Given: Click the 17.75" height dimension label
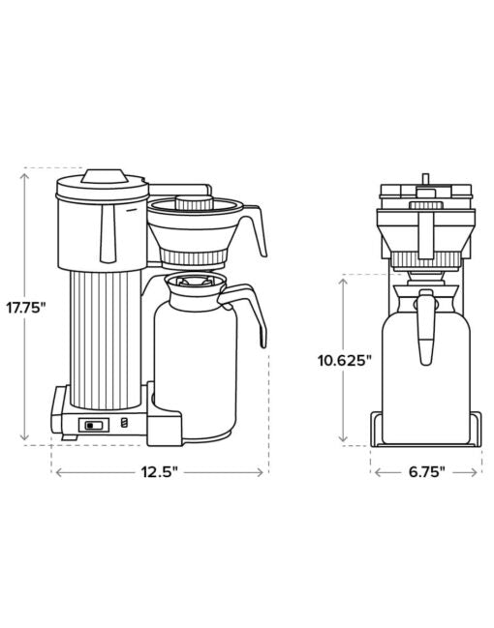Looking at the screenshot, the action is coord(26,308).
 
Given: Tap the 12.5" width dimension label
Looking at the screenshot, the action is coord(159,472).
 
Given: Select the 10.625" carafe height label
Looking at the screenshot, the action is coord(345,361).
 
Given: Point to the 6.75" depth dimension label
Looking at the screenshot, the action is coord(426,472).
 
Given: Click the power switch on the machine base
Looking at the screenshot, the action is coord(94,425).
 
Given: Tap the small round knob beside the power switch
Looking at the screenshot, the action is coord(125,423).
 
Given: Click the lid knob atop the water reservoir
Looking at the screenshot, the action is coord(105,176).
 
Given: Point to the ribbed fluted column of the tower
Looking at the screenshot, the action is coord(106,340).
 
